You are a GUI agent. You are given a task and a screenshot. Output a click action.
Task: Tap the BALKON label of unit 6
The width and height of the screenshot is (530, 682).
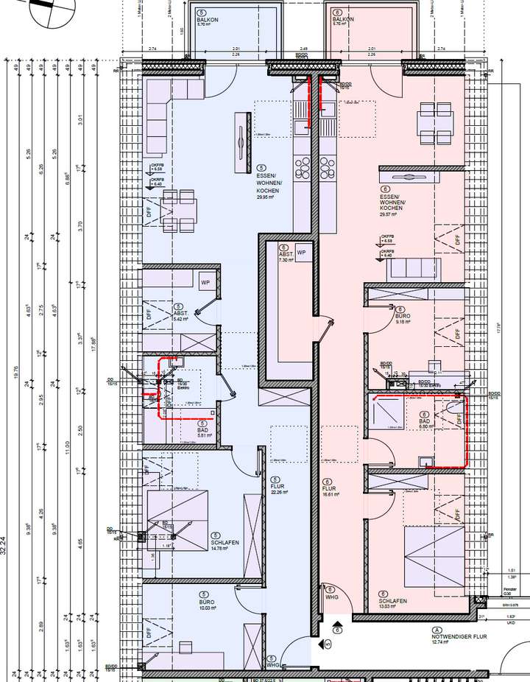tap(343, 20)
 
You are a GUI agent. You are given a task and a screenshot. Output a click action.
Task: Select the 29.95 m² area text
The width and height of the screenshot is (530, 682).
tap(265, 197)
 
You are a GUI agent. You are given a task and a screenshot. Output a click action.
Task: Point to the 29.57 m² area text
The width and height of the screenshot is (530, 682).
tap(391, 214)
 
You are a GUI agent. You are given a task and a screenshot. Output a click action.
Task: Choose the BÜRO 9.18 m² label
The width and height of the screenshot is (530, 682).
tap(401, 317)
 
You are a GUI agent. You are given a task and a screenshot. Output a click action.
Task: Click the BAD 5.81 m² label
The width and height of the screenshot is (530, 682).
tap(203, 431)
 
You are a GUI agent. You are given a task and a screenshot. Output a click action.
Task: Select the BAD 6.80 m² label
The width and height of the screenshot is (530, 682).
tap(426, 421)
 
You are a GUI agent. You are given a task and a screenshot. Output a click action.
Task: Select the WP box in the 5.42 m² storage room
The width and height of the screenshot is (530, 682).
tap(205, 281)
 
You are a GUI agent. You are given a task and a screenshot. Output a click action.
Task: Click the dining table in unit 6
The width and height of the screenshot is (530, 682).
tap(434, 118)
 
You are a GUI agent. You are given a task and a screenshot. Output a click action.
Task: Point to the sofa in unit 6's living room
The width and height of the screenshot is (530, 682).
tap(412, 270)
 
